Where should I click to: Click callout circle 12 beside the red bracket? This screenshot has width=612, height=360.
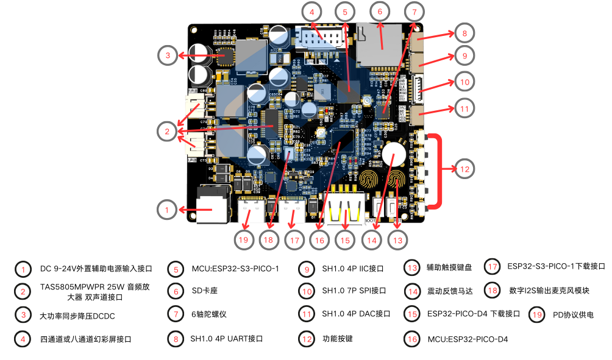(x=464, y=169)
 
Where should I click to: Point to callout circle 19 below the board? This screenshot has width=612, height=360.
(x=244, y=240)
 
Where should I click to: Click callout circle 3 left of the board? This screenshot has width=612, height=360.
(x=167, y=56)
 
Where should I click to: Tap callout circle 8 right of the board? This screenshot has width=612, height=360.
(x=464, y=33)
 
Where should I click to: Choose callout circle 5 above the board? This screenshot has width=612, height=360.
(x=344, y=12)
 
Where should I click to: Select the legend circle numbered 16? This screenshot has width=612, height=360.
(x=413, y=338)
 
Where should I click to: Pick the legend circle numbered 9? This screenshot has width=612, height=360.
(x=307, y=269)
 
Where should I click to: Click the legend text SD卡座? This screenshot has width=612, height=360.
(x=204, y=291)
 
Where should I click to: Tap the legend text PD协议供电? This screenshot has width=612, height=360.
(x=573, y=314)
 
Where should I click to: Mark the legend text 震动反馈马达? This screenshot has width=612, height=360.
(x=449, y=291)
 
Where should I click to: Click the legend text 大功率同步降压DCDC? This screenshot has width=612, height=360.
(x=77, y=316)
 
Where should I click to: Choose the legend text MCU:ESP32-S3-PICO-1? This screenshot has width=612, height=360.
(x=235, y=269)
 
